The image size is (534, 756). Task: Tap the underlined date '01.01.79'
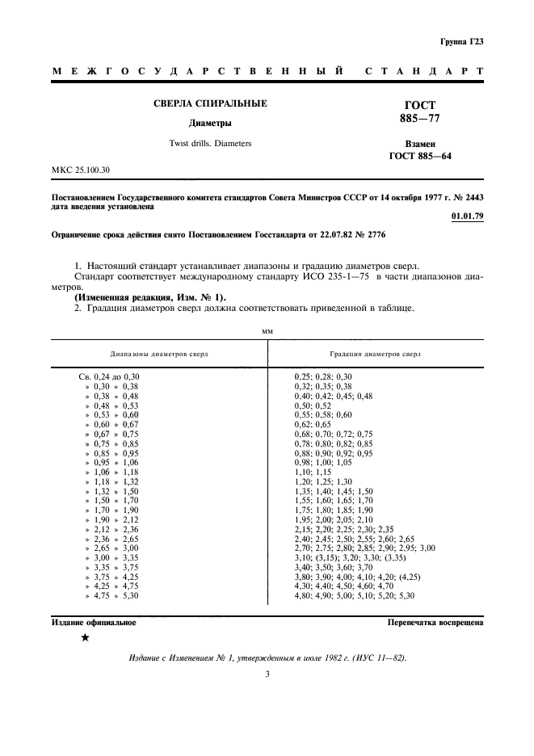click(x=466, y=217)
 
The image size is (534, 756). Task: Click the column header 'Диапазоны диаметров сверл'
click(x=158, y=354)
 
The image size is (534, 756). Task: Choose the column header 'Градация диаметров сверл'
click(x=375, y=354)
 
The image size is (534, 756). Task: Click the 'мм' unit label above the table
click(x=267, y=330)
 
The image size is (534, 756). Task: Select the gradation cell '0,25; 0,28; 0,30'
click(x=323, y=376)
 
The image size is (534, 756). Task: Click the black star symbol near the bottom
click(x=85, y=638)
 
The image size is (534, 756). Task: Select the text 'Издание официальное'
click(x=93, y=622)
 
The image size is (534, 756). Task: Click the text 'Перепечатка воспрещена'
click(x=435, y=622)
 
